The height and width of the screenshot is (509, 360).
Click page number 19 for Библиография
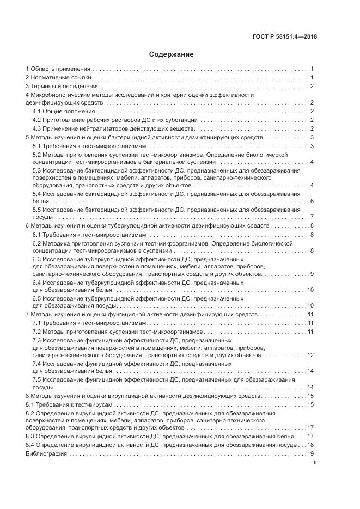311,453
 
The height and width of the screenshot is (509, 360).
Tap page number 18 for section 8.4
311,445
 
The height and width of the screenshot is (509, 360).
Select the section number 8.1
30,404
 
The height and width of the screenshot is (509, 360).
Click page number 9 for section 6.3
312,273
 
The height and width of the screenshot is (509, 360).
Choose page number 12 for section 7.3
311,355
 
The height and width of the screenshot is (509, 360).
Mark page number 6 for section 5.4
312,201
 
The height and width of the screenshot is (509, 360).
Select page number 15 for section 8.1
311,404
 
